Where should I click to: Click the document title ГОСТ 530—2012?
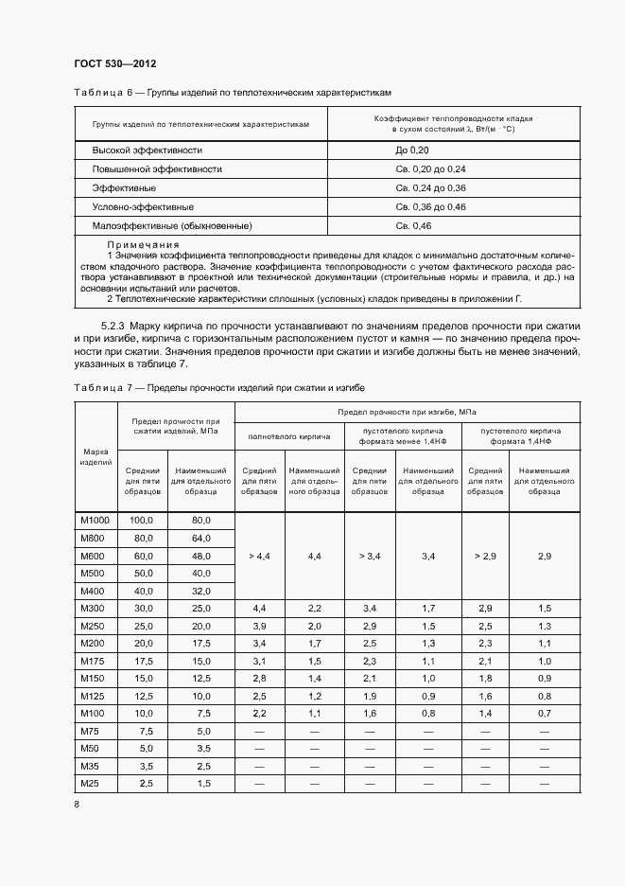(114, 63)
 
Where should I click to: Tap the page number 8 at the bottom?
(77, 804)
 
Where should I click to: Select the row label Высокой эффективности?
(147, 151)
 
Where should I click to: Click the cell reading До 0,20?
(412, 151)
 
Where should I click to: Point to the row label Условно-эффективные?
(143, 206)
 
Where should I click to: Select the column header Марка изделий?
(95, 456)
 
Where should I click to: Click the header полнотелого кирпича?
(288, 436)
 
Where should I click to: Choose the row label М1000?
(95, 521)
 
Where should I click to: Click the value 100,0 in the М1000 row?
(142, 521)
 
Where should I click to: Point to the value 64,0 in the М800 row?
(200, 539)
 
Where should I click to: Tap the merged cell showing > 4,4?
(257, 557)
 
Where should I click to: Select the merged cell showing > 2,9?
(484, 557)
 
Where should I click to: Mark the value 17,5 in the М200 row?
(200, 642)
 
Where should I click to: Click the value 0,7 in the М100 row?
(545, 712)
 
